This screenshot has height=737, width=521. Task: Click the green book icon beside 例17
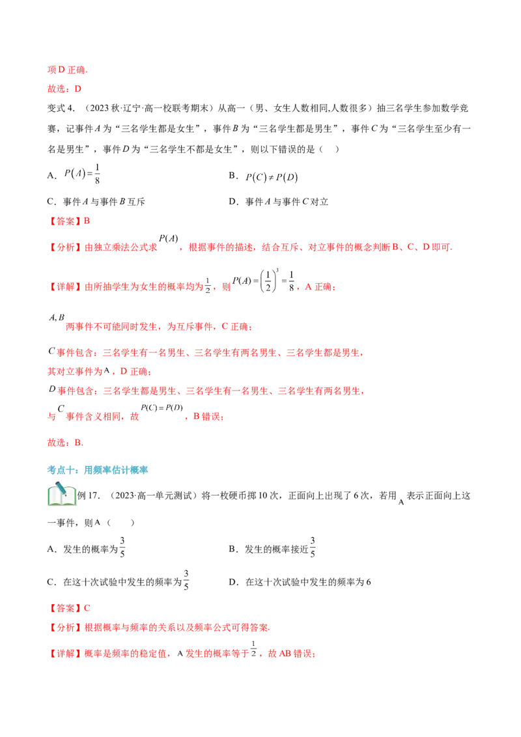pyautogui.click(x=62, y=494)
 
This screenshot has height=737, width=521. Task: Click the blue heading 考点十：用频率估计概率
pyautogui.click(x=97, y=470)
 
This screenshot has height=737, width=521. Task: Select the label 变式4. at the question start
pyautogui.click(x=61, y=108)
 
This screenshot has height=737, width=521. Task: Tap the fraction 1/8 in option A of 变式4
pyautogui.click(x=97, y=174)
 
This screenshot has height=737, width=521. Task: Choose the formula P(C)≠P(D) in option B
pyautogui.click(x=272, y=177)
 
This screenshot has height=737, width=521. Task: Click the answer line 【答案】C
pyautogui.click(x=68, y=608)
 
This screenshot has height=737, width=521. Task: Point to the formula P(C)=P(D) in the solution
pyautogui.click(x=162, y=408)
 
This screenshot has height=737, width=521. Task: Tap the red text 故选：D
pyautogui.click(x=64, y=89)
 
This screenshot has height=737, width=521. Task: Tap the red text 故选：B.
pyautogui.click(x=65, y=443)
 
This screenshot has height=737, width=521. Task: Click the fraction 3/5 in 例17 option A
pyautogui.click(x=122, y=548)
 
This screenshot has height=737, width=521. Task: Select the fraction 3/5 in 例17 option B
pyautogui.click(x=313, y=548)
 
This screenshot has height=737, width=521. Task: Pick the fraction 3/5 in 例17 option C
pyautogui.click(x=186, y=581)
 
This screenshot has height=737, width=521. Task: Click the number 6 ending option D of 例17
pyautogui.click(x=369, y=582)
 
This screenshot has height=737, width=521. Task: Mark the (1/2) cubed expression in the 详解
pyautogui.click(x=270, y=281)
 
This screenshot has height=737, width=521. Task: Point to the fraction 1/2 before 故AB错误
pyautogui.click(x=253, y=649)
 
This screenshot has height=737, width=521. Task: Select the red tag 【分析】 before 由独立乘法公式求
pyautogui.click(x=65, y=247)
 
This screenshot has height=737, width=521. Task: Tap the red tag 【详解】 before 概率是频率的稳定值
pyautogui.click(x=65, y=654)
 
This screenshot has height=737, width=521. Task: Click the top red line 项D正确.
pyautogui.click(x=67, y=70)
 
